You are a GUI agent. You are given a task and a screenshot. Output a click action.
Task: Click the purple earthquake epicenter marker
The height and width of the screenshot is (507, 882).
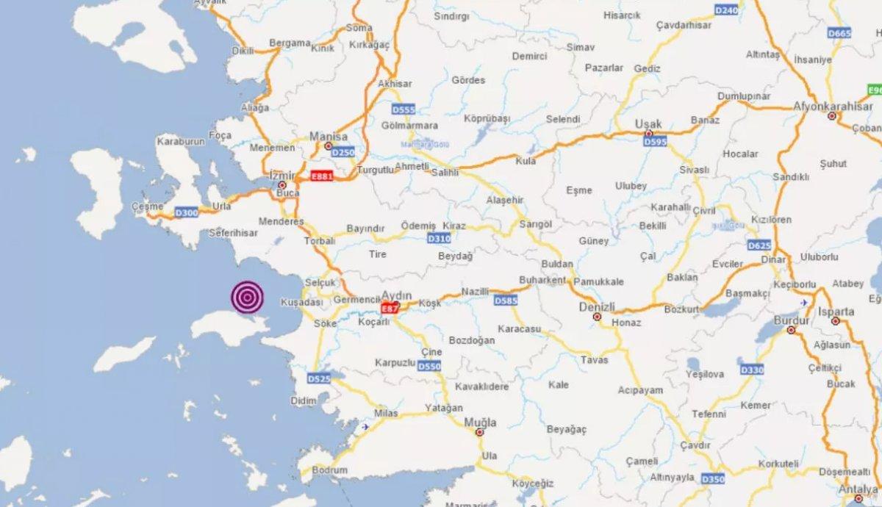pyautogui.click(x=247, y=297)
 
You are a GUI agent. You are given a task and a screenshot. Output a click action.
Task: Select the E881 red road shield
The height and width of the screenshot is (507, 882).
pyautogui.click(x=322, y=176)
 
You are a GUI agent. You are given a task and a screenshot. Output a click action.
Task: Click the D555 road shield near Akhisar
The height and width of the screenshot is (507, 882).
pyautogui.click(x=403, y=109)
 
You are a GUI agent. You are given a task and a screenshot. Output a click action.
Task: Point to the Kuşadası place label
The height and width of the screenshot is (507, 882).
pyautogui.click(x=301, y=302)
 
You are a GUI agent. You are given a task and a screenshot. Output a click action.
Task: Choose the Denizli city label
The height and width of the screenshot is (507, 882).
pyautogui.click(x=597, y=306)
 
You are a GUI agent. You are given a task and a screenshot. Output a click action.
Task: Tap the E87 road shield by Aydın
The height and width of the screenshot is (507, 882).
pyautogui.click(x=390, y=309)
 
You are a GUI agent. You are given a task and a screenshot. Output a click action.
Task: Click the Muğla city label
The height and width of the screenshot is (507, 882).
pyautogui.click(x=480, y=422)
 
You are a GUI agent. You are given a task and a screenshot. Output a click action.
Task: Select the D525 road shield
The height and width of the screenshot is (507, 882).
pyautogui.click(x=320, y=378)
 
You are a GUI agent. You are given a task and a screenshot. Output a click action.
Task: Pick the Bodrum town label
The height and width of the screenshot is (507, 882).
pyautogui.click(x=329, y=470)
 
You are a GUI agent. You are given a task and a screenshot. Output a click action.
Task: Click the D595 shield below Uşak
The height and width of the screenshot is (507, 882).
pyautogui.click(x=655, y=140)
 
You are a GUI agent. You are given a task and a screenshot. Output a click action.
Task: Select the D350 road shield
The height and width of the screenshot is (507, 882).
pyautogui.click(x=712, y=479)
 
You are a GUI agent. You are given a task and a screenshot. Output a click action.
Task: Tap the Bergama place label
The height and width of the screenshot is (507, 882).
pyautogui.click(x=290, y=43)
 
